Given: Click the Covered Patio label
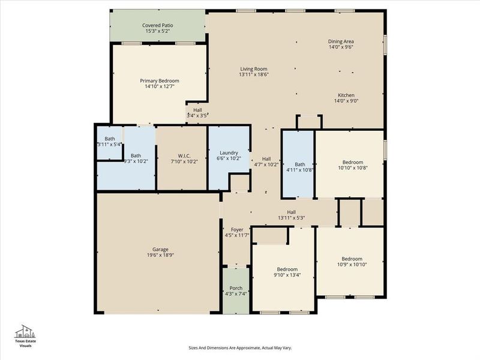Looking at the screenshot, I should (157, 25).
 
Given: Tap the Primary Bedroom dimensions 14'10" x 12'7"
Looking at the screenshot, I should (160, 86).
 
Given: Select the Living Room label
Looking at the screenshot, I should (253, 69).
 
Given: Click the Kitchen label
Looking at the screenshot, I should (346, 95).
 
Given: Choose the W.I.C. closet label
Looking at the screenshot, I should (184, 155).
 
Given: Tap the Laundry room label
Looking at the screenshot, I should (229, 153).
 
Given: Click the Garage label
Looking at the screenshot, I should (160, 249).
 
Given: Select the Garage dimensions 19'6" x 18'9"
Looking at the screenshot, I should (160, 255).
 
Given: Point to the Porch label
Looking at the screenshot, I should (236, 288).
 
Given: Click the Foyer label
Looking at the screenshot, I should (237, 229).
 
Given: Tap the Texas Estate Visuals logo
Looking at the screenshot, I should (25, 336).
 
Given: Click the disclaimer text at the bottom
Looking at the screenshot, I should (239, 347).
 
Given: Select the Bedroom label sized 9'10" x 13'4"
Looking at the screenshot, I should (287, 269).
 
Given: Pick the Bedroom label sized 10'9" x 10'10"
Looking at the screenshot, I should (352, 259).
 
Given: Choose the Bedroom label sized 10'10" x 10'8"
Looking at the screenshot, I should (353, 162).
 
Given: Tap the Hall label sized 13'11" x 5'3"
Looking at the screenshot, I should (291, 212).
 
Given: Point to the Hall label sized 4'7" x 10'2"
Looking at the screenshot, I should (266, 159).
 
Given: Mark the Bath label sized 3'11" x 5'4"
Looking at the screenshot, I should (110, 139).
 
